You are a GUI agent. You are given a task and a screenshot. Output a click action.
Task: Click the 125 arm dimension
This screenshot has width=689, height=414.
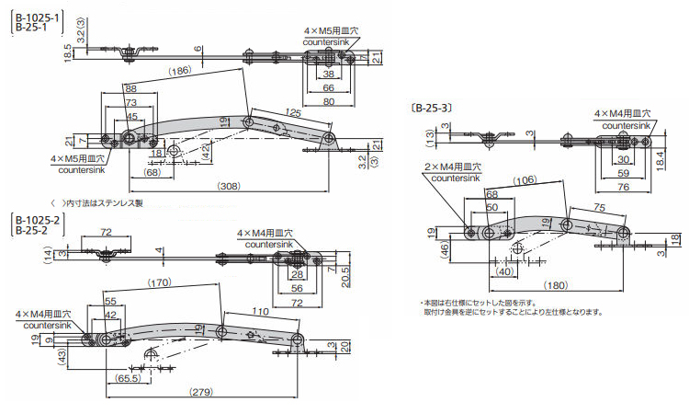[x=293, y=112]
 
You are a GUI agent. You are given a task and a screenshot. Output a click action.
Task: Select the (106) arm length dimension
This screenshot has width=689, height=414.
[x=525, y=180]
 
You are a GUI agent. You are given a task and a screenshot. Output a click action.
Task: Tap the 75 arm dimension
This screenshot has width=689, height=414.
[x=599, y=207]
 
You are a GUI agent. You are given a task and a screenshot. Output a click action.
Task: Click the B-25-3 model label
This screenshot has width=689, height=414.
[x=432, y=108]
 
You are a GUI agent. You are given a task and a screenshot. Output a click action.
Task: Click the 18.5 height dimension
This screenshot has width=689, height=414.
[x=68, y=51]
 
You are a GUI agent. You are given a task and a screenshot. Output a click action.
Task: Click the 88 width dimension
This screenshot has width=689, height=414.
[x=130, y=89]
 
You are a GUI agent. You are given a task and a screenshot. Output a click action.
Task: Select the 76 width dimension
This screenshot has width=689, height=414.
[x=623, y=187]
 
